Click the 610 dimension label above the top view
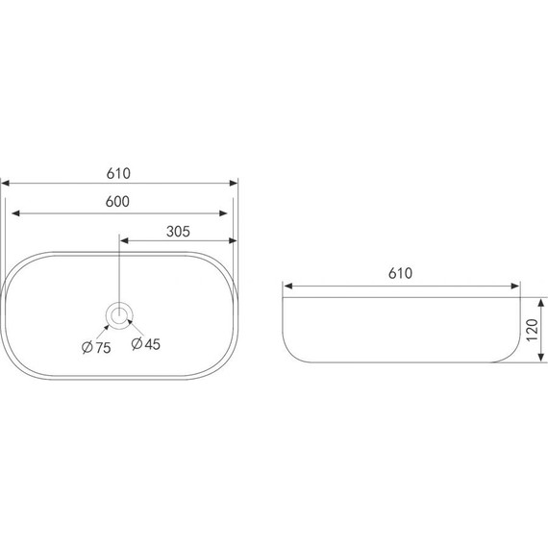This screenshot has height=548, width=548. [118, 173]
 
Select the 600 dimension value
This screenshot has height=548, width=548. [117, 202]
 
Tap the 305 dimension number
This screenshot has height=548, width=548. [178, 232]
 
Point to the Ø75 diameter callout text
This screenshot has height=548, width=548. [96, 347]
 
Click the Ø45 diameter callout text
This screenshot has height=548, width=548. [146, 344]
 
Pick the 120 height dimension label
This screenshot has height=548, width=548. [532, 330]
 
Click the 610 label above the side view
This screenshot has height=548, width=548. [401, 273]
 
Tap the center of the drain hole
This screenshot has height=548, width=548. [119, 315]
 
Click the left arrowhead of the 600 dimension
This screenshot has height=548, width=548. [15, 213]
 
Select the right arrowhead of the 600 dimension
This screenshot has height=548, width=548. [223, 213]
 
